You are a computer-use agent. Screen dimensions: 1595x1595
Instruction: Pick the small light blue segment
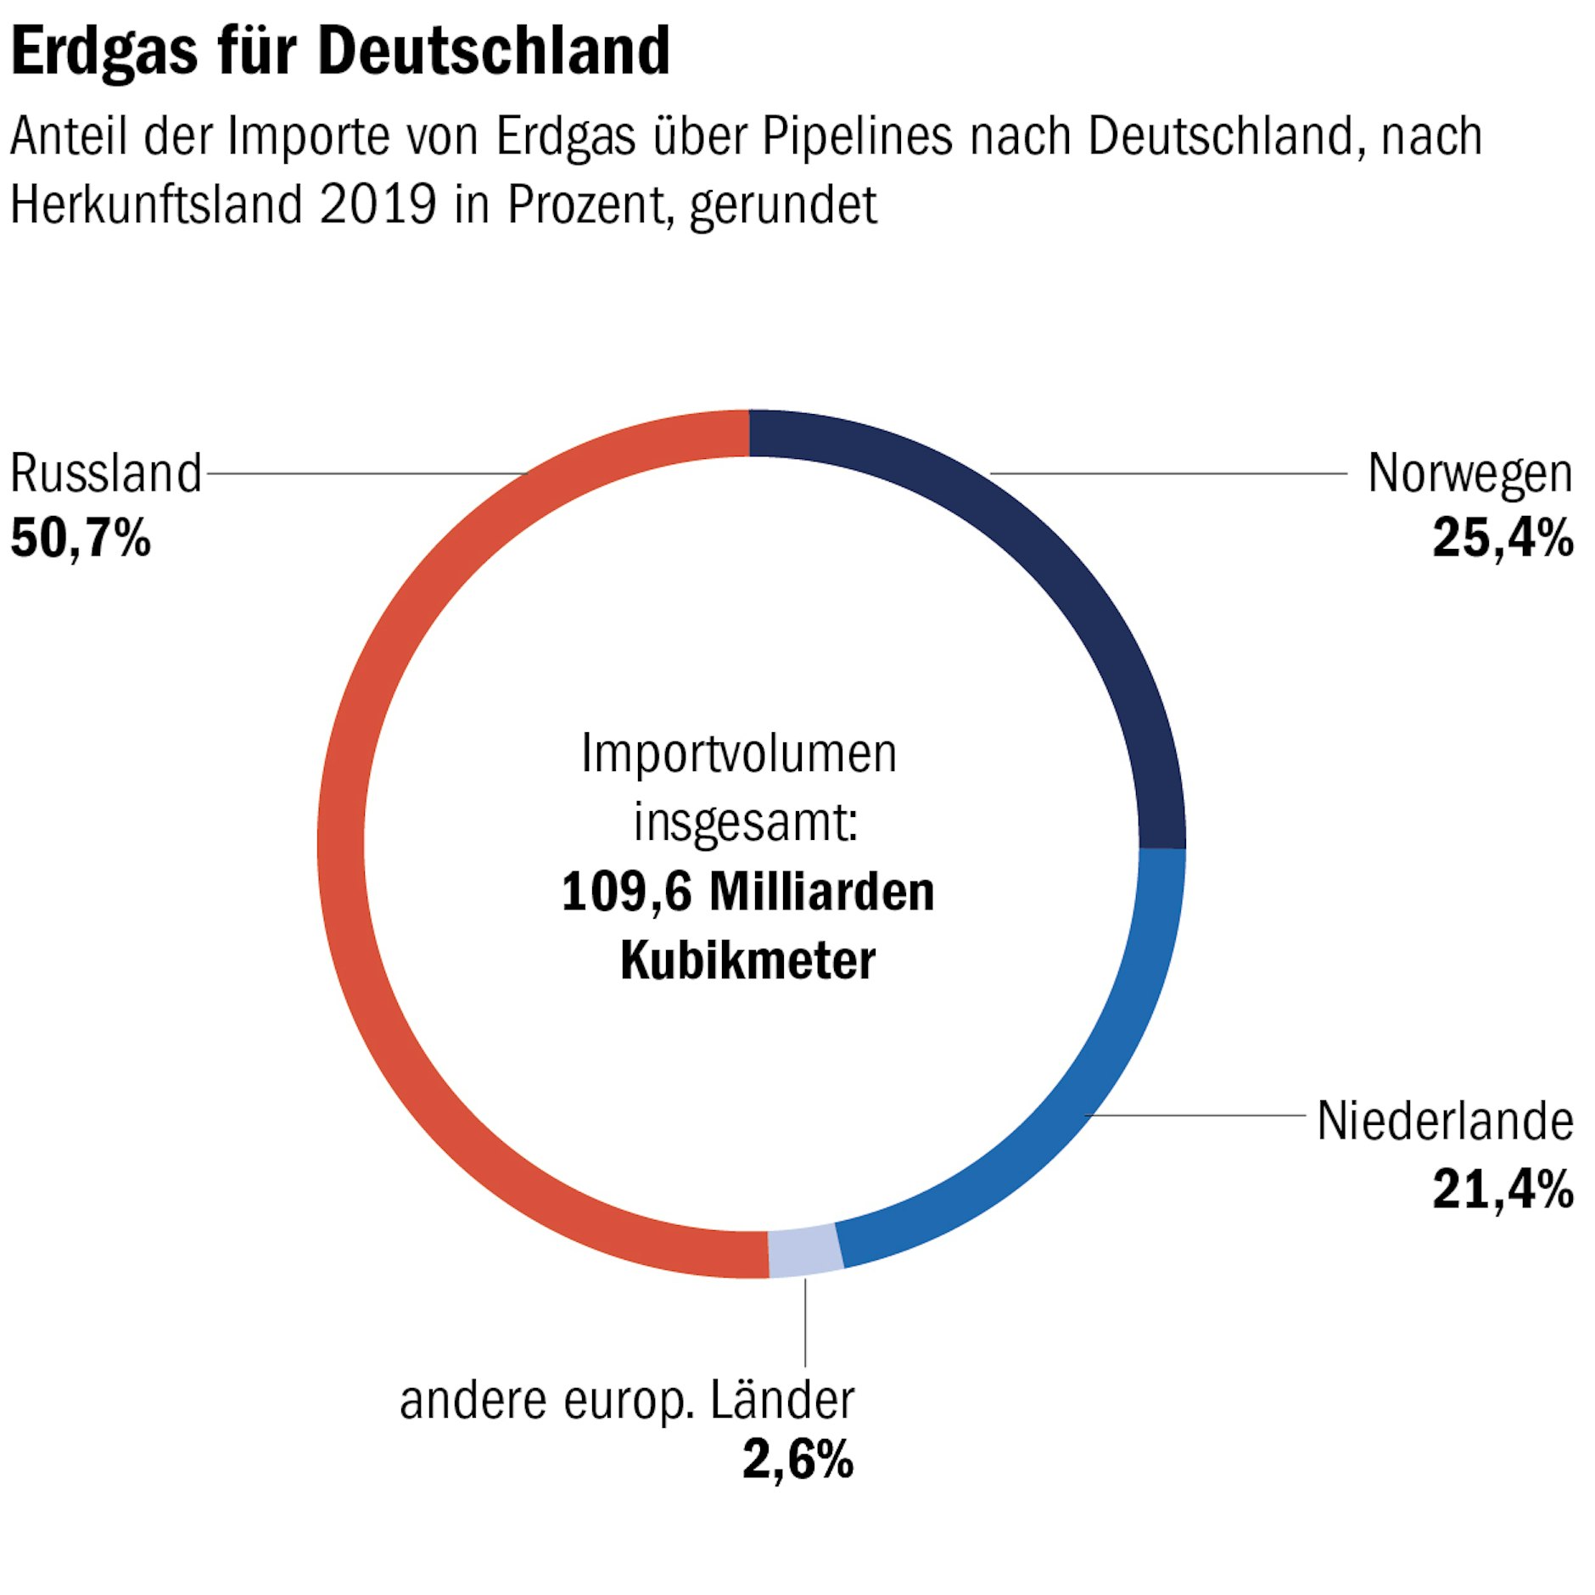pyautogui.click(x=805, y=1251)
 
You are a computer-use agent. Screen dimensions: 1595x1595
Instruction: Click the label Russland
pyautogui.click(x=106, y=473)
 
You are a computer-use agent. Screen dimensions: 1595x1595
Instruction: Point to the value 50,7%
pyautogui.click(x=81, y=538)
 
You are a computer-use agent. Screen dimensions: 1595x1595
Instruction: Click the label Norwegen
pyautogui.click(x=1469, y=473)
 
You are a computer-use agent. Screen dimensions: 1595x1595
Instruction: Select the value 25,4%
pyautogui.click(x=1503, y=538)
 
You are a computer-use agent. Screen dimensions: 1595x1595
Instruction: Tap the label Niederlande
pyautogui.click(x=1445, y=1121)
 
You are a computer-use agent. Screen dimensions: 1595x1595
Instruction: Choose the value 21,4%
pyautogui.click(x=1503, y=1189)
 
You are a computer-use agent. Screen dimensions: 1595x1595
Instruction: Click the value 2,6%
pyautogui.click(x=797, y=1460)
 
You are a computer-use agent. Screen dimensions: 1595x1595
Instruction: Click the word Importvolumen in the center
pyautogui.click(x=738, y=753)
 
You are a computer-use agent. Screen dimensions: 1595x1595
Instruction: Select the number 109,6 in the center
pyautogui.click(x=626, y=893)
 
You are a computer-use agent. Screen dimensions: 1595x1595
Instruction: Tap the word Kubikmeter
pyautogui.click(x=747, y=960)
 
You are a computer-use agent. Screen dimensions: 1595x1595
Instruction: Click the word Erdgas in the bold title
pyautogui.click(x=104, y=53)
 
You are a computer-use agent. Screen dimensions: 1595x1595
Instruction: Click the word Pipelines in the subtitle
pyautogui.click(x=857, y=136)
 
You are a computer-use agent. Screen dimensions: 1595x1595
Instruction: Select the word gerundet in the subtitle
pyautogui.click(x=783, y=206)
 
